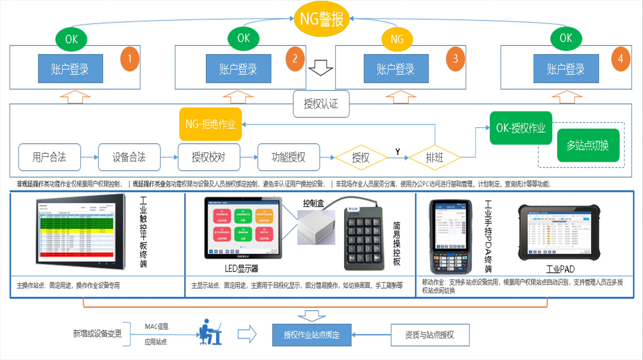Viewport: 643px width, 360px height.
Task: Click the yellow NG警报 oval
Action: [x=321, y=19]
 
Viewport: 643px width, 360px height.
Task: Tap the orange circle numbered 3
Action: [x=455, y=59]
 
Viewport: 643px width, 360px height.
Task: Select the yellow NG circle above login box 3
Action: [x=397, y=40]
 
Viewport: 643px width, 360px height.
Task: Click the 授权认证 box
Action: [x=321, y=104]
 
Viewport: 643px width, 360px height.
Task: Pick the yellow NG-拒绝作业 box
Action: [x=210, y=124]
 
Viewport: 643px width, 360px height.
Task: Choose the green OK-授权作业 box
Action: [x=521, y=128]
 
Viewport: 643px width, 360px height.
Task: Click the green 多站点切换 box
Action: [x=588, y=145]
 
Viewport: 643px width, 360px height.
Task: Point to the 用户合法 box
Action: [x=49, y=157]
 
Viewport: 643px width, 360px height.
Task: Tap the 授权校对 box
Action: [x=209, y=157]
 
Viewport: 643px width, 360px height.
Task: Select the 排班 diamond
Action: [x=435, y=158]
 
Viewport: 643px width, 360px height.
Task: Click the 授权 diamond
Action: [x=360, y=158]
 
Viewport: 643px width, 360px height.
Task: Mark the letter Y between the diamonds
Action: [x=398, y=152]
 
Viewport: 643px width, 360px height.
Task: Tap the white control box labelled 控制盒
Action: [x=316, y=227]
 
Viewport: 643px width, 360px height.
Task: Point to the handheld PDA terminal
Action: [x=450, y=237]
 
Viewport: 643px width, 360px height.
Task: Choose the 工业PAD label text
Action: [x=560, y=269]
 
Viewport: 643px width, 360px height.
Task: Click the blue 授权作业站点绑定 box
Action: [x=311, y=335]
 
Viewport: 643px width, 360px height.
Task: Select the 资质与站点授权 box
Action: [x=430, y=335]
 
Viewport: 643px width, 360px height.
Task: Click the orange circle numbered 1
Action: [x=130, y=59]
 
